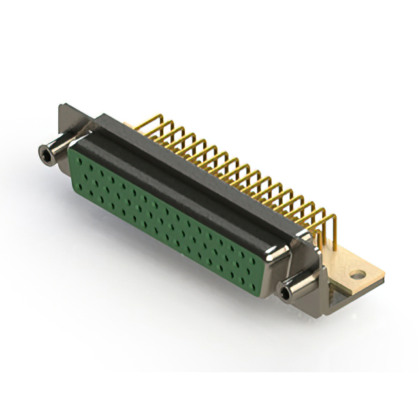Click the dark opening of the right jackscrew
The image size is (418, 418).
(286, 295)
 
